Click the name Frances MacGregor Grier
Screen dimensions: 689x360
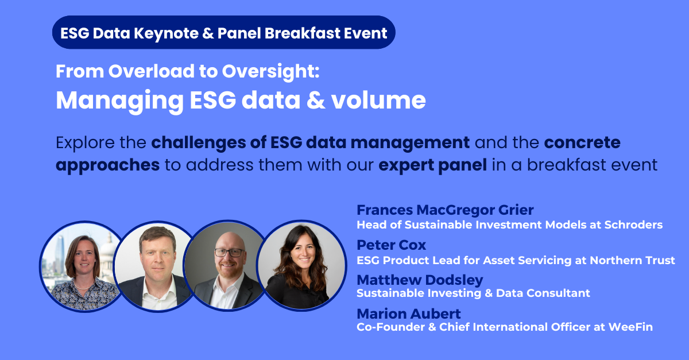[x=445, y=210]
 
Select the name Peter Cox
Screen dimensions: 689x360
[x=391, y=245]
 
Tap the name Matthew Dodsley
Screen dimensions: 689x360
[x=420, y=280]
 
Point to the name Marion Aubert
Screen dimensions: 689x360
[x=409, y=314]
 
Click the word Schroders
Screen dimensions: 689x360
[x=633, y=225]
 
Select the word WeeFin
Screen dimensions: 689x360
[x=630, y=327]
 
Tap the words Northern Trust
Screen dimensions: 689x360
[x=632, y=260]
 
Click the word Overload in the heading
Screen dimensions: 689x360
[x=152, y=71]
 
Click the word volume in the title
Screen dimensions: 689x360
[x=378, y=100]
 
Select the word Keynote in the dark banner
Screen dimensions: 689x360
[x=166, y=33]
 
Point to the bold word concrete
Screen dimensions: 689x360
[x=582, y=142]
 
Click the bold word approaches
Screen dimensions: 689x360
[x=108, y=165]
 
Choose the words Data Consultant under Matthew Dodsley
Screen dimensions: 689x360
[x=543, y=293]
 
